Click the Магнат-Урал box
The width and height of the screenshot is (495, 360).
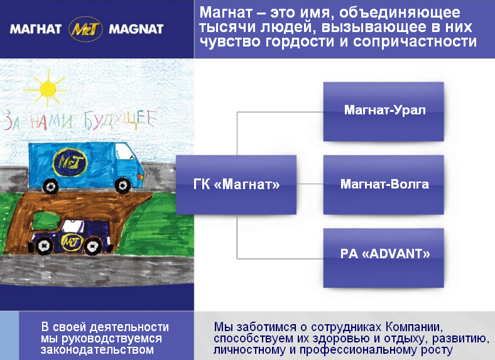pyautogui.click(x=384, y=111)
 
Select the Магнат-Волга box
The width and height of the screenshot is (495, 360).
pyautogui.click(x=384, y=185)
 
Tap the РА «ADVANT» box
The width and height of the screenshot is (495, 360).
pyautogui.click(x=384, y=258)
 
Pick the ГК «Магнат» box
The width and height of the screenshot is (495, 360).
pyautogui.click(x=236, y=185)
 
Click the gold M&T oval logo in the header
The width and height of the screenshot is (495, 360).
pyautogui.click(x=85, y=29)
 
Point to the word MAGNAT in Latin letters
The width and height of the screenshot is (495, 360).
pyautogui.click(x=136, y=30)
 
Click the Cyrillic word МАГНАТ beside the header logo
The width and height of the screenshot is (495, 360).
pyautogui.click(x=35, y=30)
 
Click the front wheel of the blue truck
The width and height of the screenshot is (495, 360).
pyautogui.click(x=122, y=185)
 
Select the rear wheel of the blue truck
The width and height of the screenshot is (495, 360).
pyautogui.click(x=50, y=186)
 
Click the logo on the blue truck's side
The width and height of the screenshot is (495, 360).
pyautogui.click(x=69, y=162)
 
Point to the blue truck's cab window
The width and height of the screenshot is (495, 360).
pyautogui.click(x=125, y=153)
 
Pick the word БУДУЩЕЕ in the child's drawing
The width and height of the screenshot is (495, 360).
pyautogui.click(x=120, y=121)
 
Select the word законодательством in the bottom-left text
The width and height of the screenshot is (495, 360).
pyautogui.click(x=97, y=350)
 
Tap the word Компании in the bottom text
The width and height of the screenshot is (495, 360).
pyautogui.click(x=414, y=327)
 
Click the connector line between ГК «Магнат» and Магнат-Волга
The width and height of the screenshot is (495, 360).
pyautogui.click(x=310, y=184)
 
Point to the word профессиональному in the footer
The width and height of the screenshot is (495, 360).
pyautogui.click(x=358, y=350)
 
